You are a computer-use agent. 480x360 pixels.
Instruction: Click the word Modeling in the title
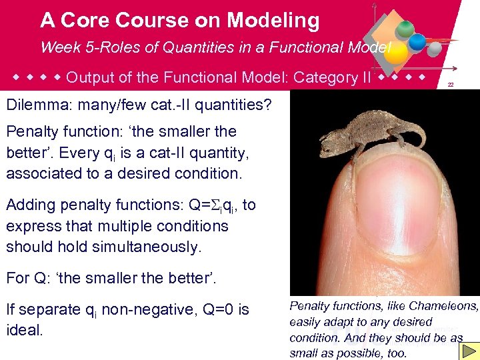[273, 21]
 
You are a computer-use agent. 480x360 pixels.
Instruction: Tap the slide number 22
[451, 85]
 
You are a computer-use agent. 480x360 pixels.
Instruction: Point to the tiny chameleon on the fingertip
[374, 130]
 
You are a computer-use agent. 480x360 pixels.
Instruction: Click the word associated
[45, 174]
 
